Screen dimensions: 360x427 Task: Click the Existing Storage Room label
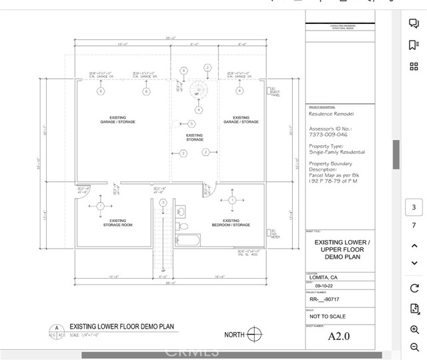(117, 223)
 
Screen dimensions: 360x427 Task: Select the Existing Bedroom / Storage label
(231, 223)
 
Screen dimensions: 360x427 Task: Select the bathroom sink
(181, 211)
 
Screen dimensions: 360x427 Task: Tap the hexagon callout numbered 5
(191, 124)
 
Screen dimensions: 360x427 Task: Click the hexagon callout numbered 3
(163, 202)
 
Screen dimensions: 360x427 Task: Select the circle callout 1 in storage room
(100, 206)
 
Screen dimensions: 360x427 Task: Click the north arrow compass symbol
(254, 335)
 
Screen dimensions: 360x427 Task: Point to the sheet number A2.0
(339, 337)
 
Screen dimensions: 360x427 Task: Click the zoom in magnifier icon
(414, 329)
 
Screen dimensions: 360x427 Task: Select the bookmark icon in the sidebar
(414, 45)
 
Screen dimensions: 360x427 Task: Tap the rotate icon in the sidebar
(414, 288)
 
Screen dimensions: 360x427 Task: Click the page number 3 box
(414, 207)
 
